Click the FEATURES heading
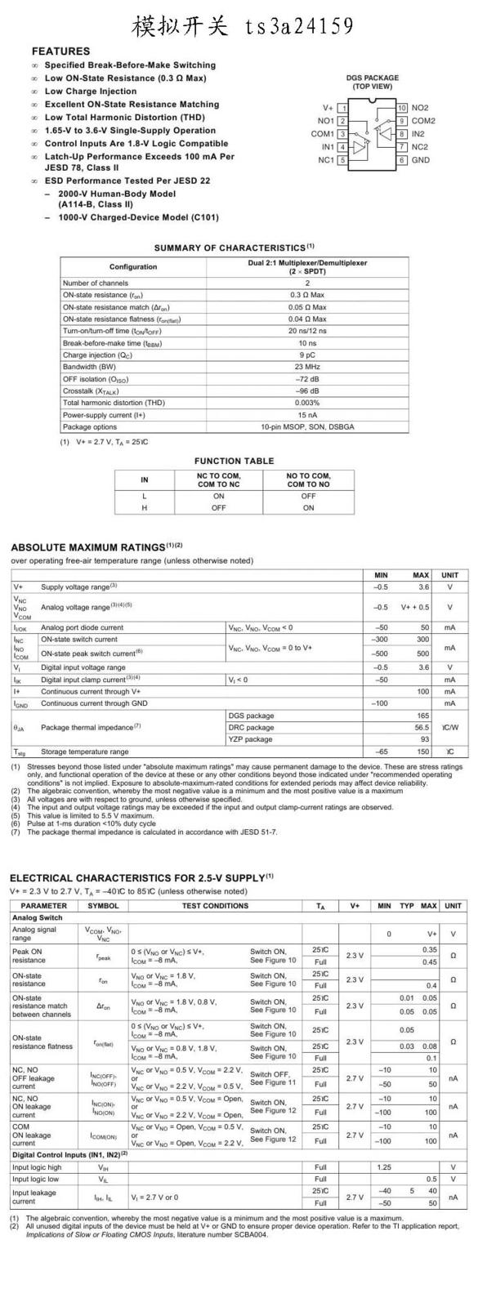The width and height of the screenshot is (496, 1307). [x=60, y=51]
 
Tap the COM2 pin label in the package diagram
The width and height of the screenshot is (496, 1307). [x=423, y=121]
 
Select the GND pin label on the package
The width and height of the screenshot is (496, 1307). [x=420, y=160]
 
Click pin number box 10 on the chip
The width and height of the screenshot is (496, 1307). [x=402, y=108]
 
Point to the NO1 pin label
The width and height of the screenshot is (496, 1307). [x=326, y=121]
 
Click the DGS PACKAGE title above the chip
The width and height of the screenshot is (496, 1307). [x=372, y=78]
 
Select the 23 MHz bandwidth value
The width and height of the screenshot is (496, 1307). [x=307, y=367]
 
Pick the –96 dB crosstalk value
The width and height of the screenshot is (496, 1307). [x=307, y=390]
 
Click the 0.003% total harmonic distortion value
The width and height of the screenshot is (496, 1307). [x=307, y=403]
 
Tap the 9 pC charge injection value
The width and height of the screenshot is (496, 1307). [x=307, y=355]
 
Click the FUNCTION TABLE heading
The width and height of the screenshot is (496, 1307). [x=234, y=461]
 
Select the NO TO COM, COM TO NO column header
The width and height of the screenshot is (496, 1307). [x=308, y=480]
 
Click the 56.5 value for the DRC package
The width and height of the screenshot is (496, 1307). [x=421, y=727]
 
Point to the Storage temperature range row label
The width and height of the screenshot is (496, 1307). [x=84, y=752]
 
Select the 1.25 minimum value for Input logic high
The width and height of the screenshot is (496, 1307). [x=384, y=1167]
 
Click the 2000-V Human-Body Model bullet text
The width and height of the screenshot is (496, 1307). [x=116, y=194]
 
